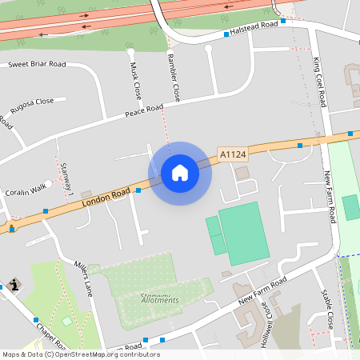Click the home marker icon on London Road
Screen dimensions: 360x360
click(x=180, y=173)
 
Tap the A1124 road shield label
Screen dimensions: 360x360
click(x=232, y=153)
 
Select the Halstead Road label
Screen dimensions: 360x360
click(x=254, y=26)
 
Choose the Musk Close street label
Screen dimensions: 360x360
click(x=136, y=78)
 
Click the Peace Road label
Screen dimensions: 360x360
click(x=144, y=111)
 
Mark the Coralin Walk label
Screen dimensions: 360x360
click(x=26, y=190)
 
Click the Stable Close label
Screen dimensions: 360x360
click(x=325, y=310)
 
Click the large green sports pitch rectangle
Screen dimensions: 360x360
click(x=245, y=232)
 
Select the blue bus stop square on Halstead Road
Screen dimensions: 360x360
click(x=226, y=36)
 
